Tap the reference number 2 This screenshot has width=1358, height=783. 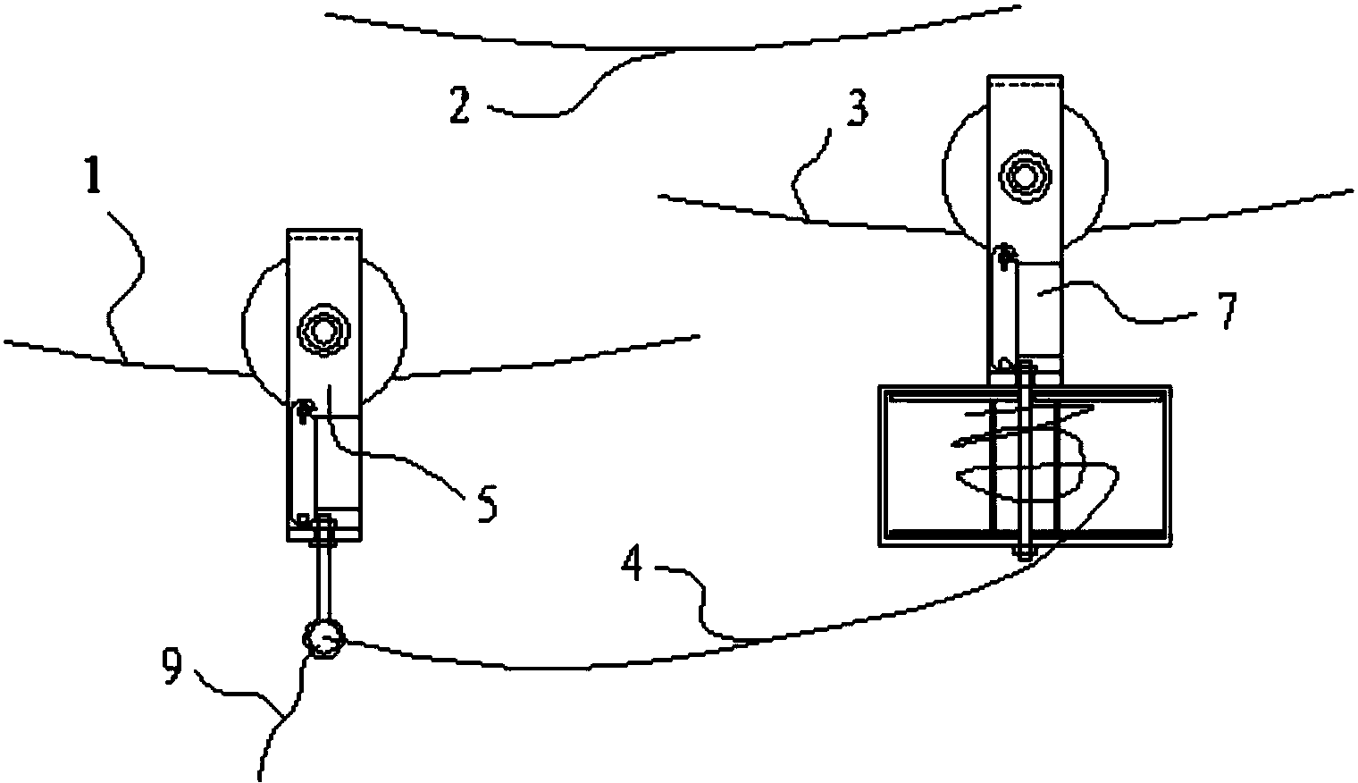click(x=460, y=105)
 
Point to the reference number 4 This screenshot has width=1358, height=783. click(x=632, y=563)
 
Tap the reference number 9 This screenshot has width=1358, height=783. click(x=172, y=665)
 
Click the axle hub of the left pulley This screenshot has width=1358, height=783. click(x=324, y=331)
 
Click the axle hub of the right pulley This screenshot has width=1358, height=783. click(x=1025, y=176)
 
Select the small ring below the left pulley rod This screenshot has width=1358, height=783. click(x=323, y=639)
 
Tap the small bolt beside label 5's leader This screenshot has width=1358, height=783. click(x=303, y=411)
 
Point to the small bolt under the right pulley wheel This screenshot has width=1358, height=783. click(x=1004, y=256)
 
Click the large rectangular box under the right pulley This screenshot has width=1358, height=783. click(x=1025, y=466)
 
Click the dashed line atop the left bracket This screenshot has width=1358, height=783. click(x=324, y=239)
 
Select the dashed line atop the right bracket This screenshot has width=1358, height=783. click(x=1025, y=85)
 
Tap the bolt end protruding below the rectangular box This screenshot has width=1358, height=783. click(x=1025, y=551)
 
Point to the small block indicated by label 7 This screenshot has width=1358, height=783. click(x=1040, y=309)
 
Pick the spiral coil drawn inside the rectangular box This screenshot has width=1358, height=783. click(x=1036, y=455)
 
